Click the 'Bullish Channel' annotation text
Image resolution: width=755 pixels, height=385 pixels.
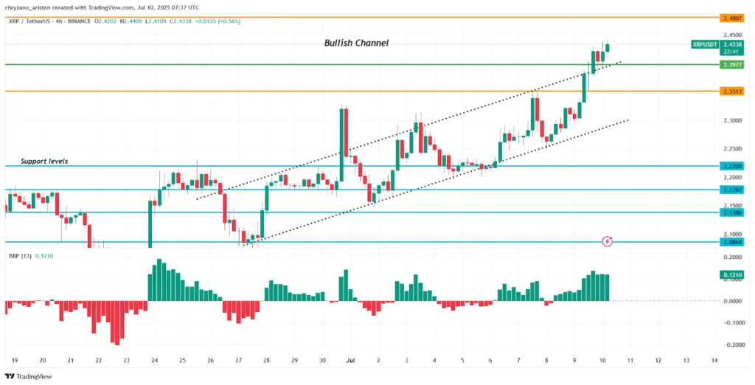[356, 44]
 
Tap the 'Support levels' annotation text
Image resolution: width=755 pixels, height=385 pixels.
[44, 161]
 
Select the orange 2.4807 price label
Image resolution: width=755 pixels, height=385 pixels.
[732, 16]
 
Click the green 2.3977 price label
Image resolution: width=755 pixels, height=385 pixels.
[732, 65]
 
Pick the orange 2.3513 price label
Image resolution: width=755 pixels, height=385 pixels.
[732, 91]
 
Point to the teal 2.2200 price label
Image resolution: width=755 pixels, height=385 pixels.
[732, 166]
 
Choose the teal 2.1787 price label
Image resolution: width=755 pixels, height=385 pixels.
[732, 190]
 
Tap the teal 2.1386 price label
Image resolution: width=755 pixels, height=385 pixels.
[732, 212]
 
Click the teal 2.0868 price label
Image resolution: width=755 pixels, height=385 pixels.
[732, 242]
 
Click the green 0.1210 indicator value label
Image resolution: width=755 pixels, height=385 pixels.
[732, 275]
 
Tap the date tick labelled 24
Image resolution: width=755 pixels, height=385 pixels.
[155, 361]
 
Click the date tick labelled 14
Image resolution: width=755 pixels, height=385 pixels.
[714, 361]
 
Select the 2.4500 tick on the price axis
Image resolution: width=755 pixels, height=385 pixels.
[732, 35]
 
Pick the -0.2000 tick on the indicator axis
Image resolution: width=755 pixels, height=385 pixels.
[732, 344]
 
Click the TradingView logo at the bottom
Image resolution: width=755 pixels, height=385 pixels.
[30, 376]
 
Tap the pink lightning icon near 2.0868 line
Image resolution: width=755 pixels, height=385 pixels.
[607, 240]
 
